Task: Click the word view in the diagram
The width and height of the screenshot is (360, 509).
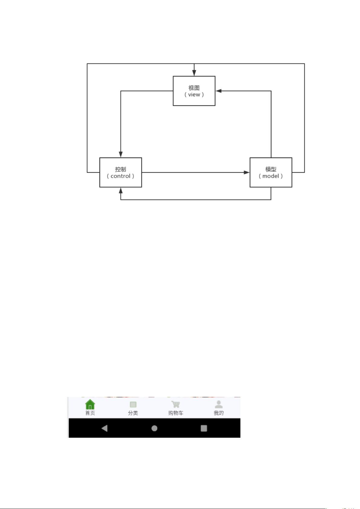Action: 194,95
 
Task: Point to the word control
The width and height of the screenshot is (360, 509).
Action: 121,176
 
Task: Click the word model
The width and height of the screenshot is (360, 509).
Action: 271,176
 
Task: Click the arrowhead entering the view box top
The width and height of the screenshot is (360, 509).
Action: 194,73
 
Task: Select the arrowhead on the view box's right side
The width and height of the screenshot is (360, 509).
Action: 218,91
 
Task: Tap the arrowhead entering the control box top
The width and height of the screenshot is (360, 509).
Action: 121,154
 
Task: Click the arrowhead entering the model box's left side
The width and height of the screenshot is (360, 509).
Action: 247,172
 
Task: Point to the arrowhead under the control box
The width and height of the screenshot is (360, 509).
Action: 121,190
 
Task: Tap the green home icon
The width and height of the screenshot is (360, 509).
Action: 90,404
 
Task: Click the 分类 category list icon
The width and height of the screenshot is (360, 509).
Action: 133,404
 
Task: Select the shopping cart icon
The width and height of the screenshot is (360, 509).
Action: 175,404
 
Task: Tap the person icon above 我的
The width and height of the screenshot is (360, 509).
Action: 218,404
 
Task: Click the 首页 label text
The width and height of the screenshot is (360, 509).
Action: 90,413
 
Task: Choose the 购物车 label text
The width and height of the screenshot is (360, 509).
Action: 175,413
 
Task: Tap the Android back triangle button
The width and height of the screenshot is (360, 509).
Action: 104,428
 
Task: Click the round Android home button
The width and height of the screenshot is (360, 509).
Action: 154,428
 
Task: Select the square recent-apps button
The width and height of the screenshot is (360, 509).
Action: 204,428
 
